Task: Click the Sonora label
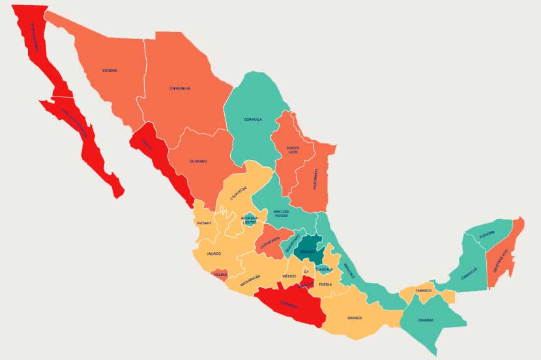[x=110, y=70]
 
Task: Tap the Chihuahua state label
[x=180, y=88]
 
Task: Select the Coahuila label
[x=253, y=119]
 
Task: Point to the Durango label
[x=199, y=160]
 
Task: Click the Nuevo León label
[x=293, y=151]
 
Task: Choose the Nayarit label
[x=204, y=223]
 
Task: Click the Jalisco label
[x=214, y=253]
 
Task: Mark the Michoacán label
[x=250, y=279]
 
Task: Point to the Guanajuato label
[x=269, y=245]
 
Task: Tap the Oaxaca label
[x=355, y=318]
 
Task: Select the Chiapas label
[x=426, y=320]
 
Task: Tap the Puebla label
[x=326, y=284]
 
